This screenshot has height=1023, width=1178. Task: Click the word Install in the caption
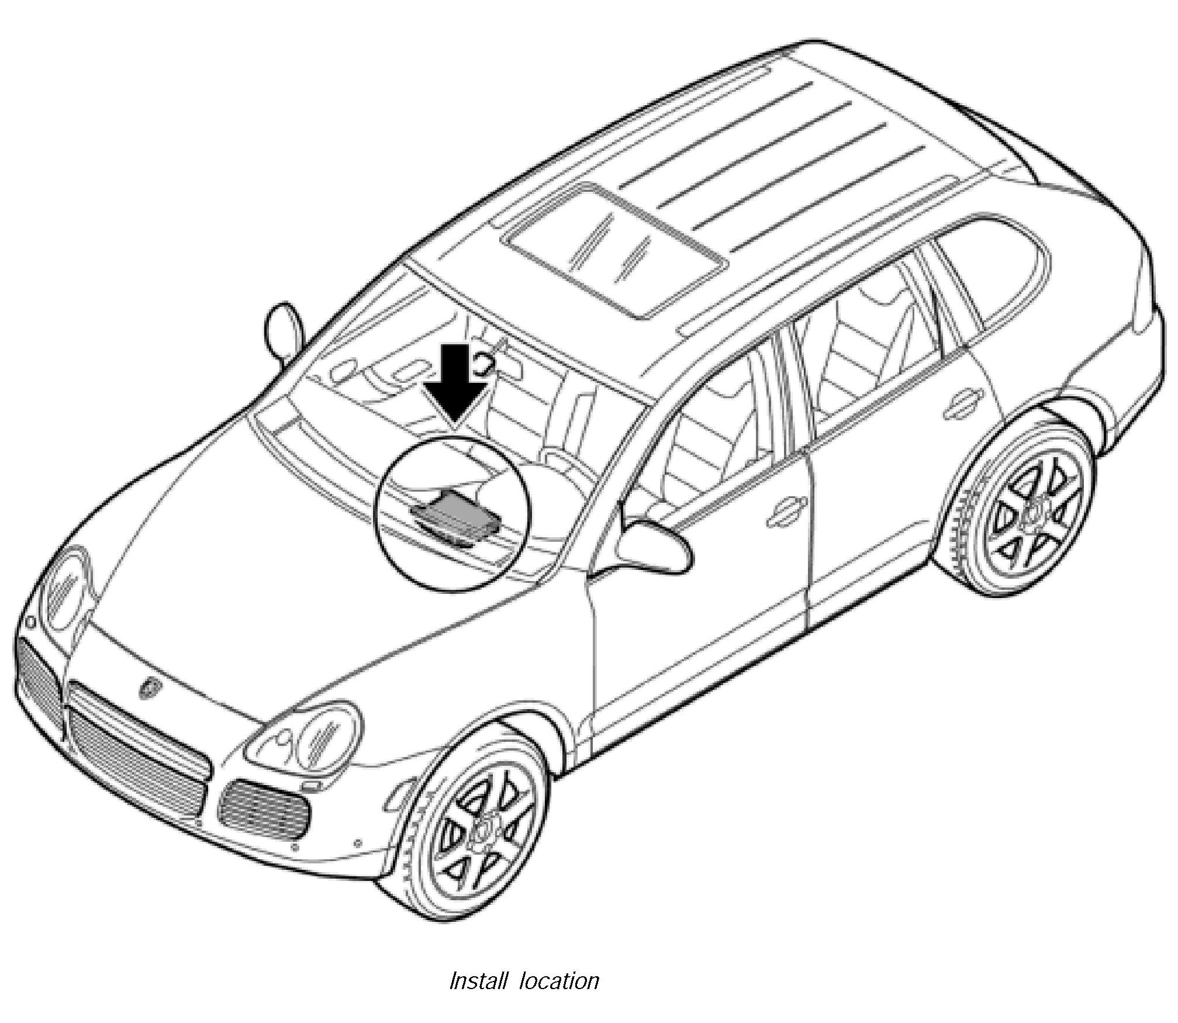click(478, 980)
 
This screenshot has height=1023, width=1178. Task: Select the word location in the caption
click(559, 980)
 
